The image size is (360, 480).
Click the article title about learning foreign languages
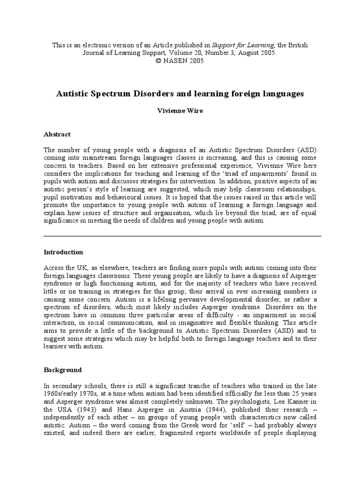tap(180, 94)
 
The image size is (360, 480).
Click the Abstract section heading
tap(57, 135)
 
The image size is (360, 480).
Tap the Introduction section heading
tap(63, 252)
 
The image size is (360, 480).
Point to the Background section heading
tap(63, 370)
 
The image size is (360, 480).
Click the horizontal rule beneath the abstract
tap(182, 236)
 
